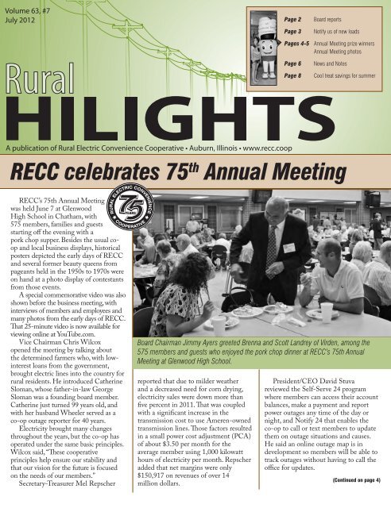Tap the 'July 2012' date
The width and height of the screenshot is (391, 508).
[21, 22]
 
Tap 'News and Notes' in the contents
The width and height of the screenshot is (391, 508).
[338, 61]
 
